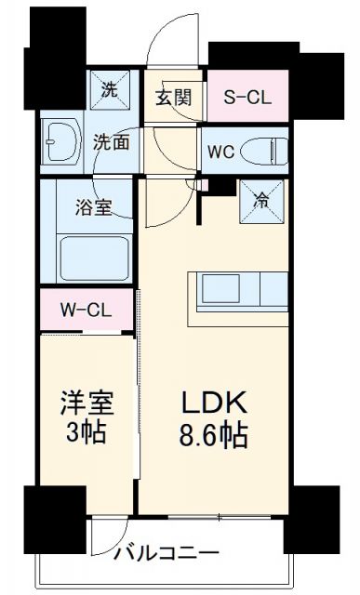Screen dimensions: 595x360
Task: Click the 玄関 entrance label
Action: pyautogui.click(x=174, y=97)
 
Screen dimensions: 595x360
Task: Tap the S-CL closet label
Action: pyautogui.click(x=247, y=97)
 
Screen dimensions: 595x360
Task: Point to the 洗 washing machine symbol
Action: pyautogui.click(x=110, y=91)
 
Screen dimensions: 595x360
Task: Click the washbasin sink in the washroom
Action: pyautogui.click(x=58, y=142)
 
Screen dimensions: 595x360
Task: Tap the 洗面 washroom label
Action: pyautogui.click(x=111, y=141)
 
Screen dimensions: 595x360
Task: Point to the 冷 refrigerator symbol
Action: pyautogui.click(x=261, y=198)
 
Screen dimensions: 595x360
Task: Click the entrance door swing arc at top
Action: pyautogui.click(x=175, y=42)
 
